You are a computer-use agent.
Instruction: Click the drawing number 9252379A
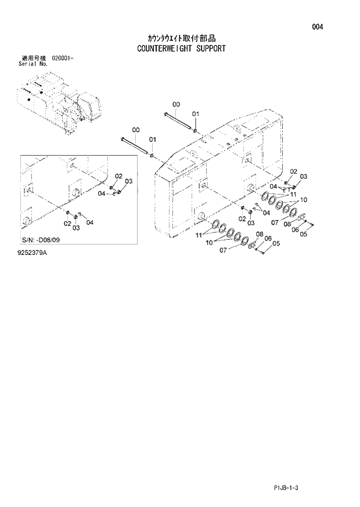click(33, 254)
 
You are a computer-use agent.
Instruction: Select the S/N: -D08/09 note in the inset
click(47, 240)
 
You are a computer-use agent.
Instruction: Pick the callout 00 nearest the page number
click(177, 104)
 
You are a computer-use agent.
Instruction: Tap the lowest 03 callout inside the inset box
click(76, 228)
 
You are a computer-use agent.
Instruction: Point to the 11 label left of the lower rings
click(199, 235)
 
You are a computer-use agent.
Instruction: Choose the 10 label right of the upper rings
click(303, 200)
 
